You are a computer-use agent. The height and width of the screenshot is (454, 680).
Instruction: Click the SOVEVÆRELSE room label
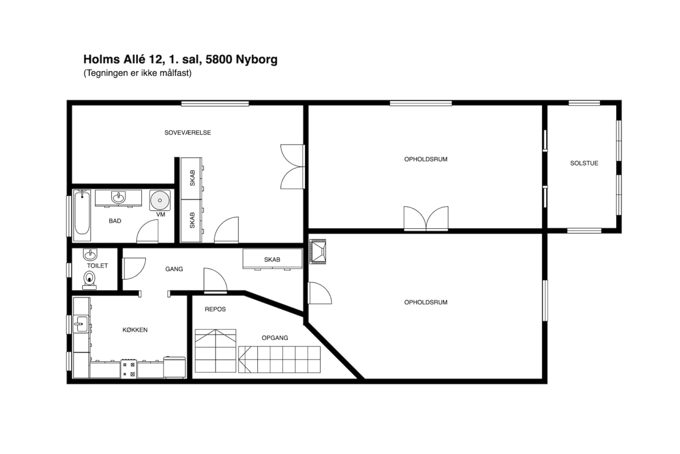(188, 132)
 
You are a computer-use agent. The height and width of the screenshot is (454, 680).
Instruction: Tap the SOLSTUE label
(584, 163)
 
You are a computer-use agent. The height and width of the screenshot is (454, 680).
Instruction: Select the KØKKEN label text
(135, 330)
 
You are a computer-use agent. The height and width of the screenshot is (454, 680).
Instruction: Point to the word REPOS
(215, 309)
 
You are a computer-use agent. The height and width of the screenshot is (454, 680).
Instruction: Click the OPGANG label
(275, 338)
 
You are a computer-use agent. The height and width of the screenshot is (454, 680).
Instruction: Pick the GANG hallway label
(174, 269)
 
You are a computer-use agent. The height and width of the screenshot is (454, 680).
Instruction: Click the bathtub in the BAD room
(82, 215)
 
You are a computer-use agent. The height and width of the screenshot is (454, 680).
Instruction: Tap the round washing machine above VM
(160, 200)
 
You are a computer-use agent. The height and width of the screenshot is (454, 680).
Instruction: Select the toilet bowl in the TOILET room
(89, 280)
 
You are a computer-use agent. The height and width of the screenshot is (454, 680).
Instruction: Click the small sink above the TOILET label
(90, 254)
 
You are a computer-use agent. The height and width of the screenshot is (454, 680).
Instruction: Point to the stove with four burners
(129, 369)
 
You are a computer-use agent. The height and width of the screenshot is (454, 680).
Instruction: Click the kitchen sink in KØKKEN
(81, 324)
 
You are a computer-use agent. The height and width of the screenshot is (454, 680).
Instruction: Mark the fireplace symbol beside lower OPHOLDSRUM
(318, 252)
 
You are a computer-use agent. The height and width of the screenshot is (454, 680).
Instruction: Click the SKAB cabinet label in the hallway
(272, 260)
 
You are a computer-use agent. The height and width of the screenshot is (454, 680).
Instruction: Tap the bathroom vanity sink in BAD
(118, 198)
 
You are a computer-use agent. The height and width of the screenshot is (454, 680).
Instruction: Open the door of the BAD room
(148, 231)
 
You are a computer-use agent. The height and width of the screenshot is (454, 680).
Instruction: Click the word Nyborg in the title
(256, 60)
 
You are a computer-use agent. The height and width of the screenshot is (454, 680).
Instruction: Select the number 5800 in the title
(219, 59)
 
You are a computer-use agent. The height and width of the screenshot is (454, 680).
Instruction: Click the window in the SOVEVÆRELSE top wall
(215, 104)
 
